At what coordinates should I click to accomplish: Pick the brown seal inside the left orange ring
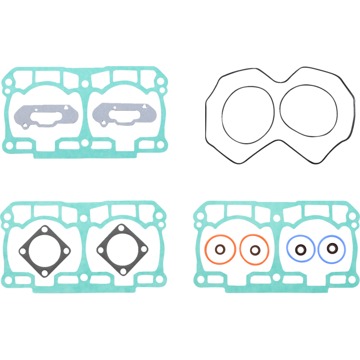[x=220, y=248]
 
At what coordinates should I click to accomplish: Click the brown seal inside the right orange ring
[x=255, y=248]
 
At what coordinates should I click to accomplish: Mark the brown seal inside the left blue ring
[x=300, y=248]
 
